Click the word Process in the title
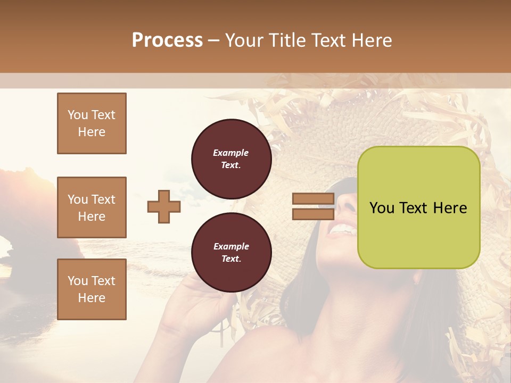[x=167, y=40]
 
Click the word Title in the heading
[x=286, y=40]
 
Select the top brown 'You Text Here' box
[x=92, y=123]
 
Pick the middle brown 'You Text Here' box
[x=92, y=207]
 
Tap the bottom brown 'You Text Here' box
[x=92, y=289]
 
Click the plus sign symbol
[x=164, y=206]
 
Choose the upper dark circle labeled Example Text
[x=231, y=159]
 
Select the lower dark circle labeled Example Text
[x=231, y=253]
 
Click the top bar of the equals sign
[x=314, y=199]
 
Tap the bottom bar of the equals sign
[x=314, y=214]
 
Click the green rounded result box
[x=418, y=207]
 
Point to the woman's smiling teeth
[x=344, y=229]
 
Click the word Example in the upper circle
[x=231, y=153]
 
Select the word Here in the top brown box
[x=92, y=132]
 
